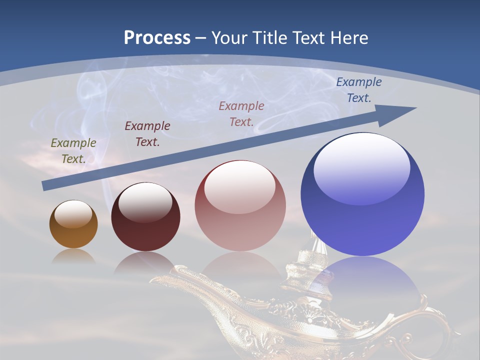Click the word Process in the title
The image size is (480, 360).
(157, 38)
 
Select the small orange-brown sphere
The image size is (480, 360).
(73, 225)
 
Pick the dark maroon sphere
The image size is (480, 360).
(145, 217)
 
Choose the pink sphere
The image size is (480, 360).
(240, 206)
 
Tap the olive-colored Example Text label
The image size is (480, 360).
(73, 151)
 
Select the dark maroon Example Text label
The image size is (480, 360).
(147, 133)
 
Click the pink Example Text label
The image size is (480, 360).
(241, 113)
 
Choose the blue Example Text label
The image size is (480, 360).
(358, 90)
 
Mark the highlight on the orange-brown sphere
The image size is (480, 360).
(73, 213)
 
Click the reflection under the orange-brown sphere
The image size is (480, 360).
(73, 256)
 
